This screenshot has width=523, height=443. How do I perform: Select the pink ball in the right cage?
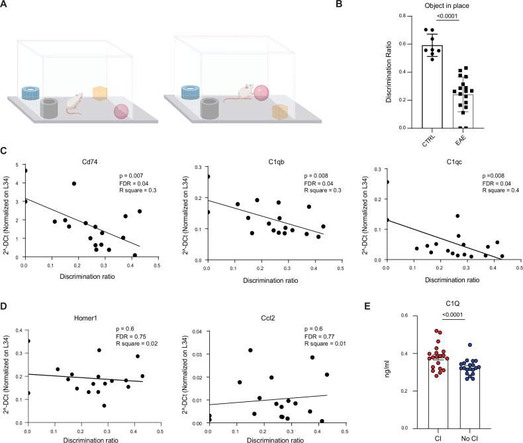(261, 93)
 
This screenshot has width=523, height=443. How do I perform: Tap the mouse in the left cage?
(75, 103)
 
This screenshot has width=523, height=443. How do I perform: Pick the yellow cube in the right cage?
(280, 112)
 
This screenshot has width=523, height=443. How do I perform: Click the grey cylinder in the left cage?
(49, 108)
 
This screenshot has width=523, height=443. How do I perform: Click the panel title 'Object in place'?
(447, 6)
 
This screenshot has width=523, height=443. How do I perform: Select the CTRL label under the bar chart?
(428, 140)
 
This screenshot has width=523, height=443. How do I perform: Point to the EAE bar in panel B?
(463, 111)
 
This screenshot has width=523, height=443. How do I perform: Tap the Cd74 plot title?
(90, 162)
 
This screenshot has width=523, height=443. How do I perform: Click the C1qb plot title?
(276, 162)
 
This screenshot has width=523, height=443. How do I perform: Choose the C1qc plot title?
(454, 162)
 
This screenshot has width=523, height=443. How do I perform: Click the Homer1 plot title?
(85, 319)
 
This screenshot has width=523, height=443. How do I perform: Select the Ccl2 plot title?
(268, 319)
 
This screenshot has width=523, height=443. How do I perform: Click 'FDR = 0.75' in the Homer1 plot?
(131, 336)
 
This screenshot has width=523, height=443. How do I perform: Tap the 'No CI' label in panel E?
(469, 438)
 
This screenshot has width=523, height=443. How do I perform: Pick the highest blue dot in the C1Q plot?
(469, 345)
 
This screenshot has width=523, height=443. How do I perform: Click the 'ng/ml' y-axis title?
(387, 369)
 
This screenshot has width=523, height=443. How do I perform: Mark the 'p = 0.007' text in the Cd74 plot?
(132, 175)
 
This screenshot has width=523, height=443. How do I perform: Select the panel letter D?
(3, 306)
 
